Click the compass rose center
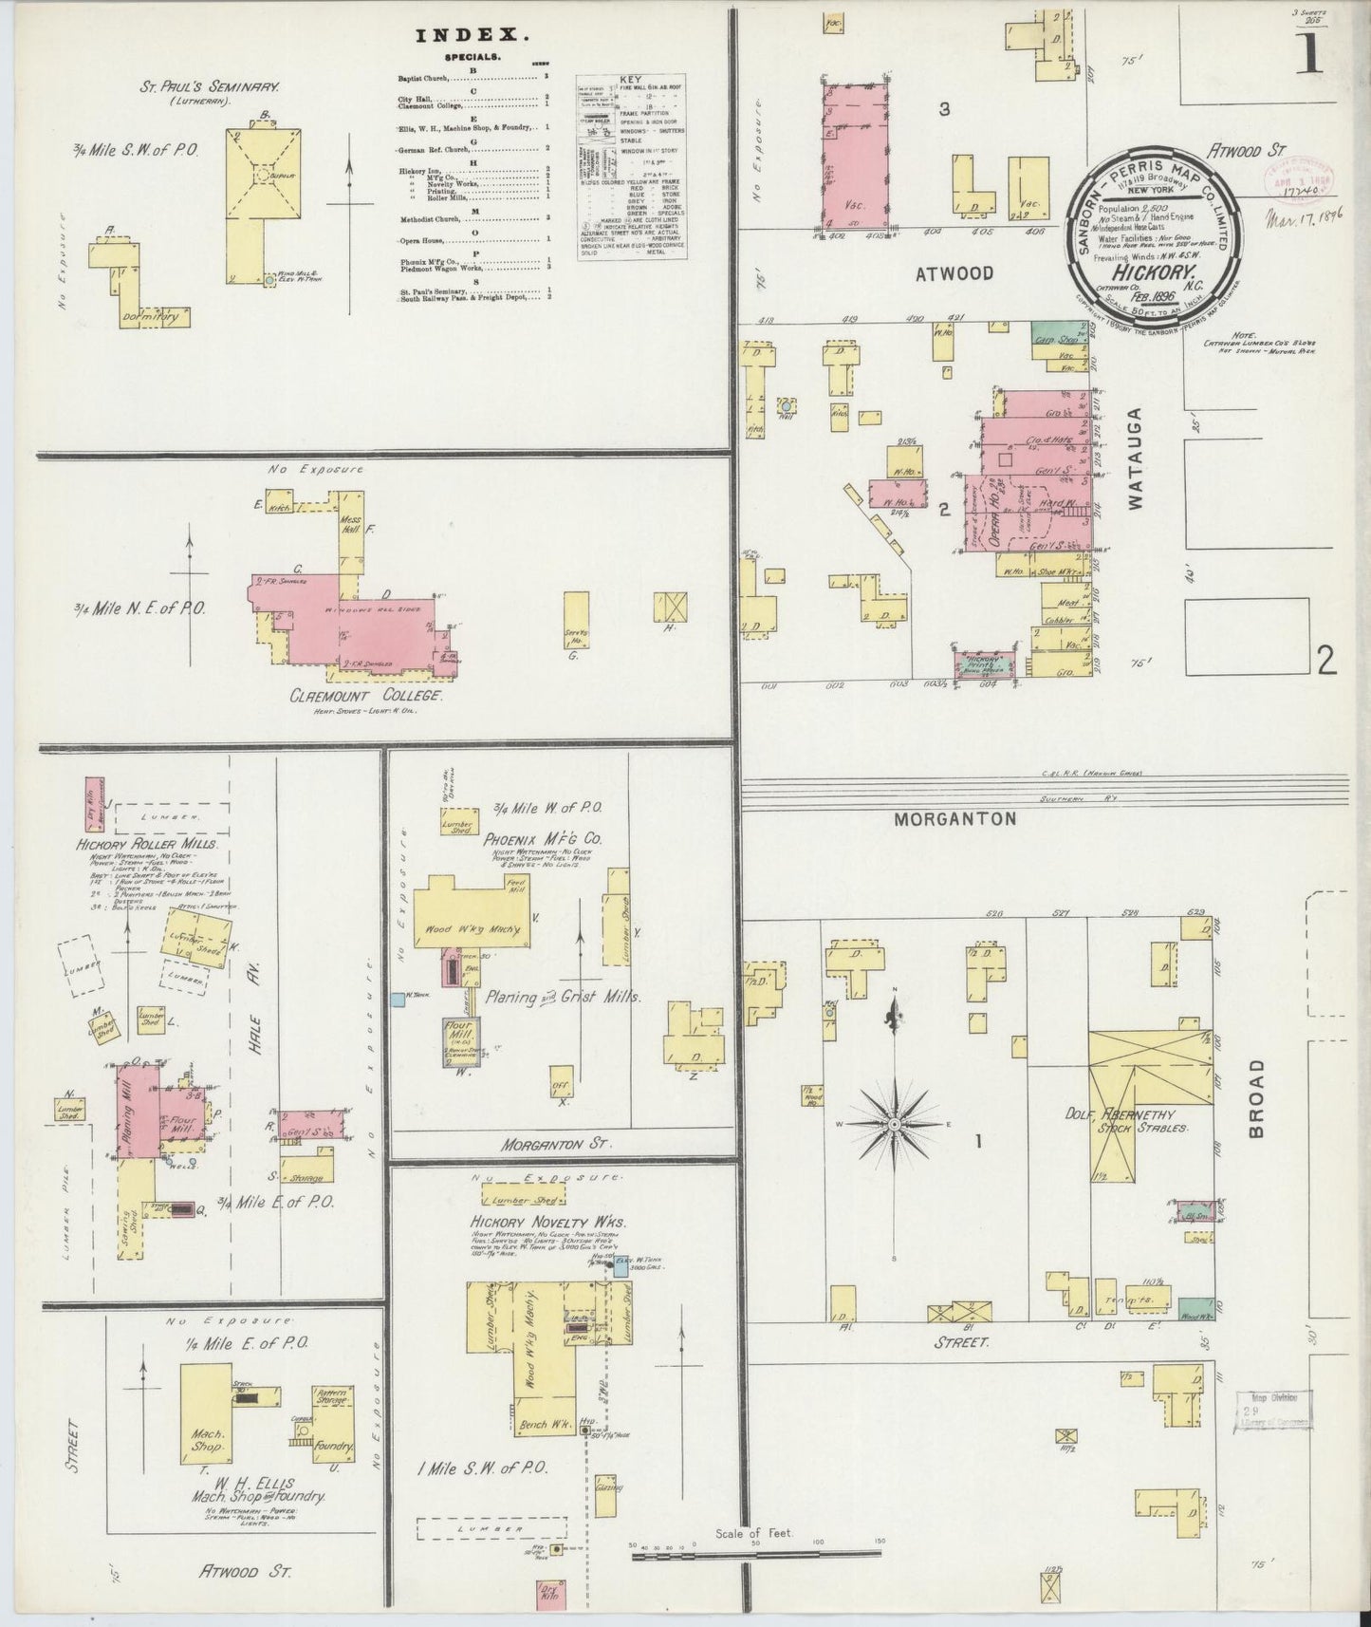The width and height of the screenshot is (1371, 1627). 894,1124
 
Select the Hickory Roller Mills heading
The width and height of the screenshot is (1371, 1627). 148,844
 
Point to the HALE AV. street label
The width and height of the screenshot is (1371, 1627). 256,1013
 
